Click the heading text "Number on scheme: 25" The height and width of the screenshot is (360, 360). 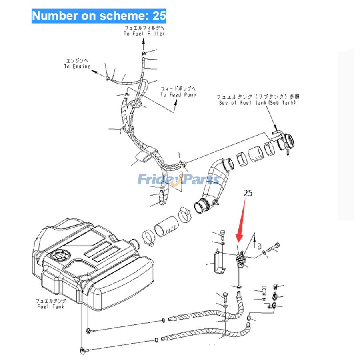click(99, 16)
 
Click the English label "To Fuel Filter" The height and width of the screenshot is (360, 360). click(144, 34)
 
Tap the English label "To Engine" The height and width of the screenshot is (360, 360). click(77, 66)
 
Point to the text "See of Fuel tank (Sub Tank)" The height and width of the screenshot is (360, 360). click(257, 103)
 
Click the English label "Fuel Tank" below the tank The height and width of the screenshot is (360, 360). click(50, 306)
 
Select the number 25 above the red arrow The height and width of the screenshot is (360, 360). click(248, 193)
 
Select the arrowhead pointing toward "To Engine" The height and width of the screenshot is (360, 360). click(95, 72)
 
